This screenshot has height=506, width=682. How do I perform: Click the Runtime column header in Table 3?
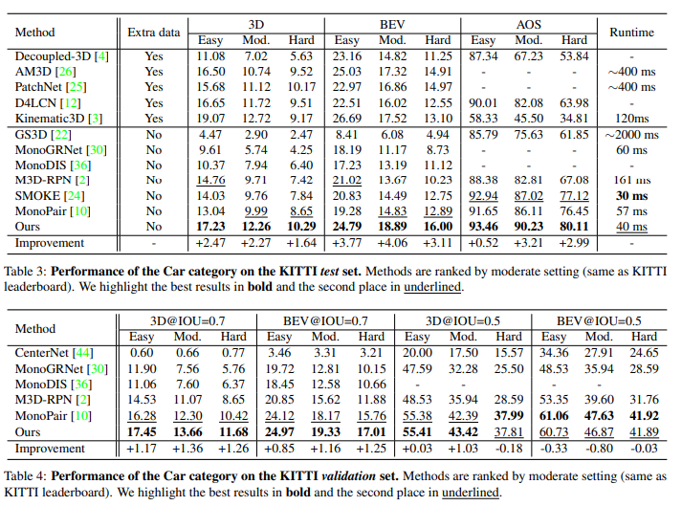point(630,32)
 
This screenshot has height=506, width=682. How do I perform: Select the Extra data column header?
point(153,32)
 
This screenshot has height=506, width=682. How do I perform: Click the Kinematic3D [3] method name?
point(60,119)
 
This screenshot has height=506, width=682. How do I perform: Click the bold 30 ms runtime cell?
point(631,195)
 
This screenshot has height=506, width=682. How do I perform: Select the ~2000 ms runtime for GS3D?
point(631,135)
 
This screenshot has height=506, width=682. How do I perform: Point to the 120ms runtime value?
point(631,119)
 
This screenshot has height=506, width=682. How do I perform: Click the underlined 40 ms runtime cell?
point(631,227)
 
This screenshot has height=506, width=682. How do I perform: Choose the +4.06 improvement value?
point(391,243)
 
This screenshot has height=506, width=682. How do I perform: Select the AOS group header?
point(529,23)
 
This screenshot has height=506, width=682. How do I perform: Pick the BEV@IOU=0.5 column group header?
point(599,321)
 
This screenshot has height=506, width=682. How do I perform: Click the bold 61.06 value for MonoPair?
point(553,415)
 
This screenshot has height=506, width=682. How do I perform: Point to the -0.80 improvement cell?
point(599,448)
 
